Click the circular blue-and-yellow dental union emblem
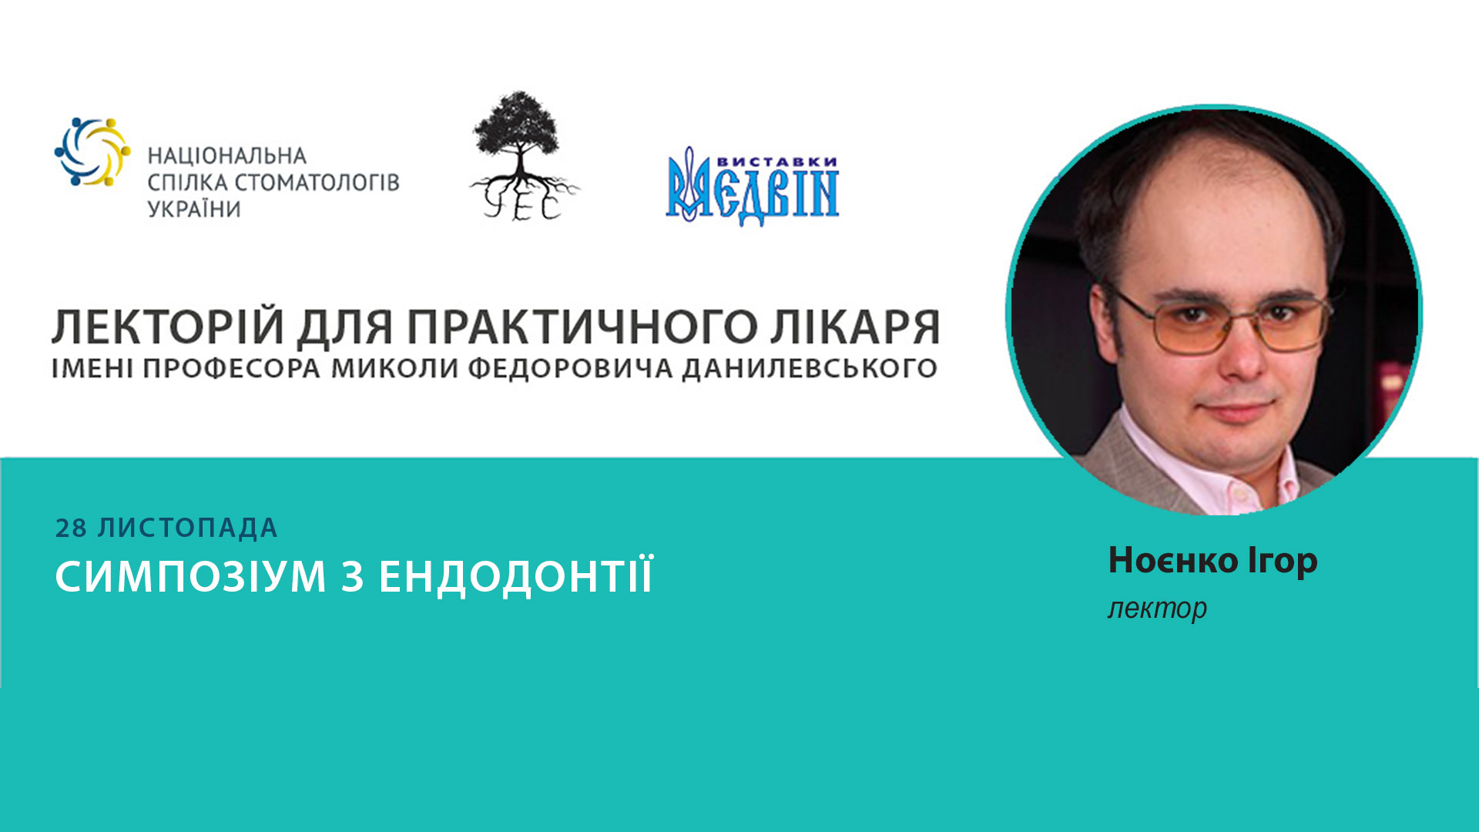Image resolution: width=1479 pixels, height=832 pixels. pos(92,152)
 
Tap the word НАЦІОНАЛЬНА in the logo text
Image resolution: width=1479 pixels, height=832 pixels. pos(227,156)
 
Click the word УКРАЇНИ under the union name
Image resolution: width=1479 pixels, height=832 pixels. pos(194,210)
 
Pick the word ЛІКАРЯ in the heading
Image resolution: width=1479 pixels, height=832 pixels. pos(855,328)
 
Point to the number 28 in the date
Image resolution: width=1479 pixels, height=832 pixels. pos(71,528)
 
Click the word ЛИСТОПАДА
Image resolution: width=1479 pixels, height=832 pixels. pos(187,528)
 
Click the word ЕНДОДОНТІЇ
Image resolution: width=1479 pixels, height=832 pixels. pos(516,576)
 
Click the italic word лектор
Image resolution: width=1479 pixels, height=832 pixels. pos(1157,609)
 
